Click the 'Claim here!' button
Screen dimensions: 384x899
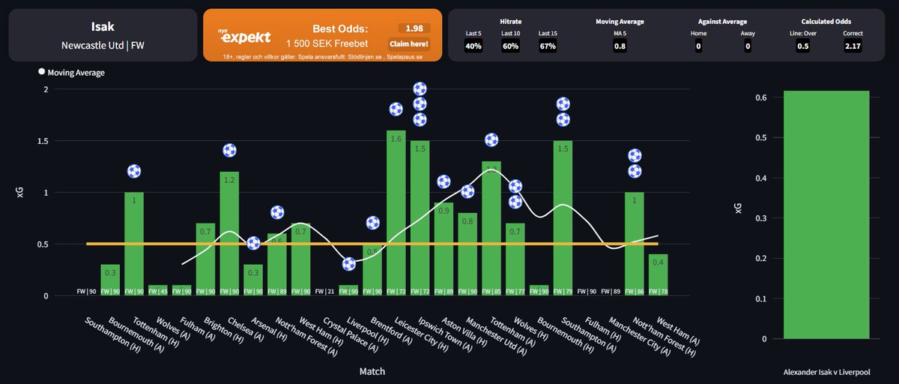tap(408, 43)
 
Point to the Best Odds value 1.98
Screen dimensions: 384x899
tap(414, 28)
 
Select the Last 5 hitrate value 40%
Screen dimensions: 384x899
tap(473, 46)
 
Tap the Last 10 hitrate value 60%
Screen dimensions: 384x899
tap(510, 46)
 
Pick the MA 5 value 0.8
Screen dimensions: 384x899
tap(620, 46)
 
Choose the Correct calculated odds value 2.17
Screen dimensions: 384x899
tap(853, 46)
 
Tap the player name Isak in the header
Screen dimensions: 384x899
tap(102, 27)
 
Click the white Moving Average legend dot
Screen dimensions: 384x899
tap(41, 73)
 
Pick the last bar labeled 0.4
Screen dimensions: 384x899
tap(659, 274)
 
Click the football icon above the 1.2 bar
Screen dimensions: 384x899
tap(229, 151)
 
